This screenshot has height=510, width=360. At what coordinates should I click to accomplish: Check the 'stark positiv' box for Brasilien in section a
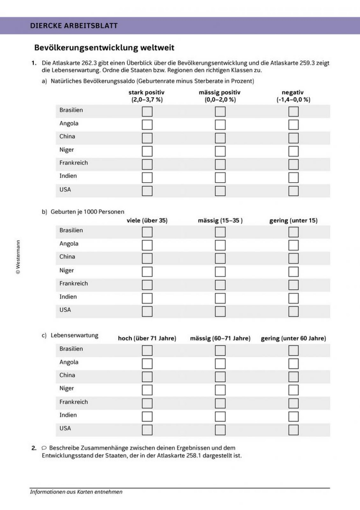click(x=147, y=112)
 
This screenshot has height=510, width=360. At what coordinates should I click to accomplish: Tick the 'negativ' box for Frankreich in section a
click(x=293, y=164)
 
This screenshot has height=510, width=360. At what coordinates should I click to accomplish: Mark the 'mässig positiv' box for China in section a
click(x=220, y=138)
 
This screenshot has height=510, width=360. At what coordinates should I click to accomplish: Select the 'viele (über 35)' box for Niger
click(x=147, y=272)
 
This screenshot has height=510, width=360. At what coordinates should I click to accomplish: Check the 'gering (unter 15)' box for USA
click(x=293, y=311)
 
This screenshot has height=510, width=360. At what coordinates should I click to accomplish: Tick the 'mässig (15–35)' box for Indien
click(x=220, y=298)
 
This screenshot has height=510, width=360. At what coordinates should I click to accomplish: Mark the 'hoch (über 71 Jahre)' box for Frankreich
click(x=147, y=403)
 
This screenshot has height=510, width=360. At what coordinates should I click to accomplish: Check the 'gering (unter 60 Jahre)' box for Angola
click(x=293, y=364)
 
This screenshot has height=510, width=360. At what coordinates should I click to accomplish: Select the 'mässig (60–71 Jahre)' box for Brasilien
click(x=220, y=350)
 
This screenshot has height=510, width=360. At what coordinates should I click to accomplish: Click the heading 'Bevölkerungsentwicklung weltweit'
click(x=104, y=48)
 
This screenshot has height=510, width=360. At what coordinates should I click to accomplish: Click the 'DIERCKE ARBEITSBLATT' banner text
click(x=74, y=26)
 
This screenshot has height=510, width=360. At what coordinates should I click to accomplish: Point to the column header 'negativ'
click(x=293, y=93)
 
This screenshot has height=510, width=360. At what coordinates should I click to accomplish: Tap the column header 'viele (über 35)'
click(x=147, y=220)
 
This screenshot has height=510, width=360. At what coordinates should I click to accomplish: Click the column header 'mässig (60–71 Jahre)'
click(x=220, y=338)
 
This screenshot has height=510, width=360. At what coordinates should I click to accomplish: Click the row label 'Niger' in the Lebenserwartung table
click(x=67, y=388)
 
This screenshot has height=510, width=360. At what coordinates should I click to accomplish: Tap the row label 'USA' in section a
click(x=65, y=189)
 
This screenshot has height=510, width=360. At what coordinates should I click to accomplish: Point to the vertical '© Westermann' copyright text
click(x=18, y=257)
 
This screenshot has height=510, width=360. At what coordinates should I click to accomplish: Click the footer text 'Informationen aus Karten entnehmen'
click(x=76, y=492)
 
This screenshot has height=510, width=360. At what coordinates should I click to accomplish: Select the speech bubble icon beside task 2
click(x=44, y=448)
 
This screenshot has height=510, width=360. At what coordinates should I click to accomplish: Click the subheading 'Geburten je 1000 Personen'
click(x=87, y=212)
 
